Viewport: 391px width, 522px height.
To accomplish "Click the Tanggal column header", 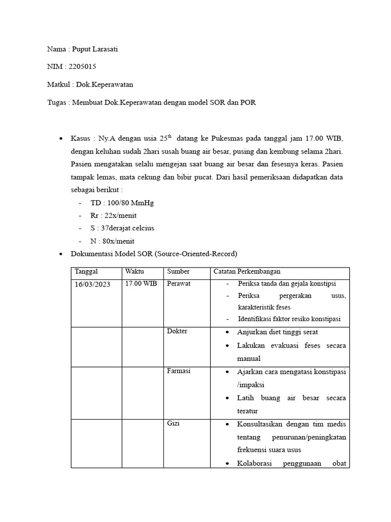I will tap(86, 272).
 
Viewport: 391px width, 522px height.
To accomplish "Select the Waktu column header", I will tap(134, 272).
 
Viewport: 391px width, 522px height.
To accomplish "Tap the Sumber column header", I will tap(178, 272).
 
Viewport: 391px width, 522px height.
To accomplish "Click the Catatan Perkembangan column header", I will tap(247, 272).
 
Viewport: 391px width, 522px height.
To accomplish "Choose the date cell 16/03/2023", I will tap(92, 284).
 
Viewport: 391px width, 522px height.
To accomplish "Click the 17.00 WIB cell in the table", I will tap(141, 284).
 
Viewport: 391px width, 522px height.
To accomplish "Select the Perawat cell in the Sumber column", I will tap(178, 283).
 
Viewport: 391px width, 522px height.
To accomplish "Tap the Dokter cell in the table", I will tap(177, 331).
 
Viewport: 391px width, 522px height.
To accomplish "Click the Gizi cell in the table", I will tap(173, 423).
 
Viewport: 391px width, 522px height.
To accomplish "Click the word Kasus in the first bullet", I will tap(81, 139).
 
